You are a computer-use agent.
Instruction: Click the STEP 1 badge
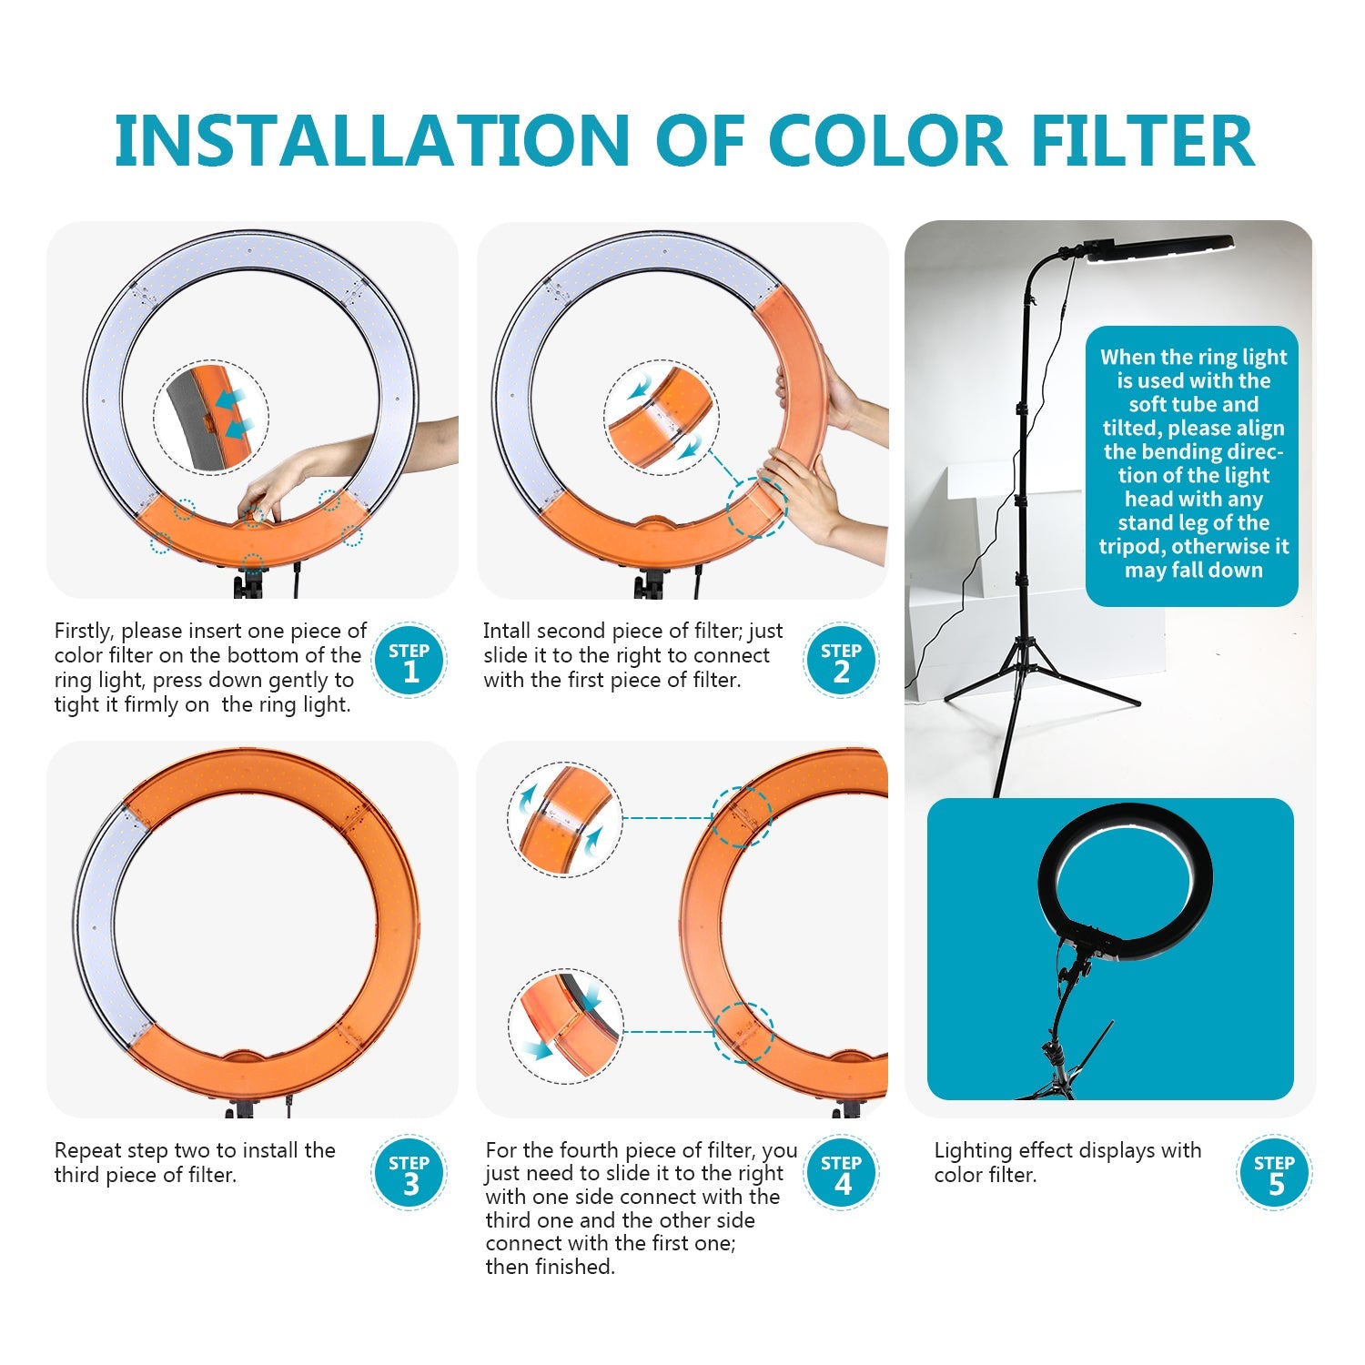(409, 661)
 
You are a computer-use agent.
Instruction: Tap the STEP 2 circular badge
(841, 661)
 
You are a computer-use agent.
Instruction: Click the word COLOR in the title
(887, 141)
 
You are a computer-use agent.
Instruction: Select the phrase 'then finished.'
(550, 1267)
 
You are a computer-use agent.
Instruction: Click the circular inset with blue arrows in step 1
(211, 417)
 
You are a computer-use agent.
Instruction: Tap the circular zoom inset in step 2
(661, 417)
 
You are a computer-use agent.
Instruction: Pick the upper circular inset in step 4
(565, 820)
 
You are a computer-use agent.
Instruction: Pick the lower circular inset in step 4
(565, 1026)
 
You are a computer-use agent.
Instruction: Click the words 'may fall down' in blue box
(1193, 571)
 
